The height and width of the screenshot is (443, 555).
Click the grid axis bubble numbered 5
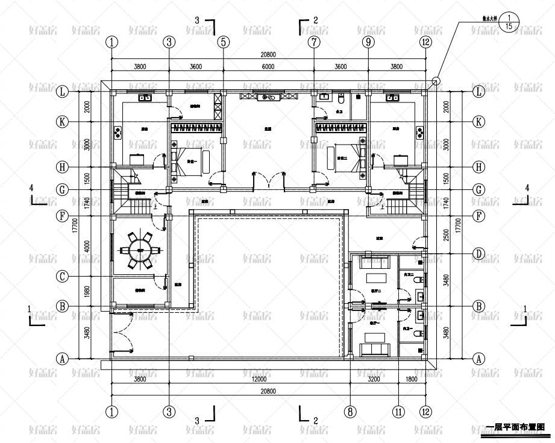(x=224, y=42)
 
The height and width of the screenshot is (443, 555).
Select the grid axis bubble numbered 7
(x=314, y=42)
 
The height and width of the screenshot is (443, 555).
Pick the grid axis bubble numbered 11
(x=398, y=412)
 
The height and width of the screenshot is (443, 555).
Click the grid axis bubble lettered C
(x=62, y=277)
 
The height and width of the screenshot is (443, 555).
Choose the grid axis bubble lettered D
(x=478, y=254)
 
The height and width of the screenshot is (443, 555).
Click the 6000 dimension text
(x=268, y=67)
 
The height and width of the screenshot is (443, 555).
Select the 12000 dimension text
(x=259, y=380)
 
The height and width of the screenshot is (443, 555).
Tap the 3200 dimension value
(x=374, y=380)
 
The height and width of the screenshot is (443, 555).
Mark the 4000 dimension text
(x=88, y=245)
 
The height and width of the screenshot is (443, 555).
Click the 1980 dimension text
(x=88, y=291)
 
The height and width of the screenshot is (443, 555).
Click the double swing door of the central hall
(x=268, y=181)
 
